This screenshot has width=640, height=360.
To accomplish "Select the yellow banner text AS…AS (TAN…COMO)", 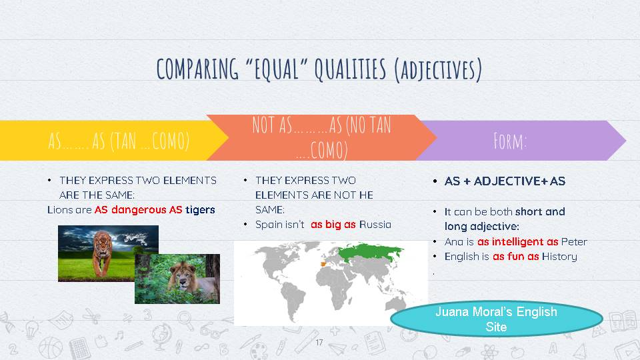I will [x=119, y=141].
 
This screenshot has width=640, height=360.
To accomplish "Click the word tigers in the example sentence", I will [x=200, y=209].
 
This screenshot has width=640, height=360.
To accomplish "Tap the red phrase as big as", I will [x=333, y=225].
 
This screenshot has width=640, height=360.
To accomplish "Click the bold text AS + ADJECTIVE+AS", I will [x=505, y=181].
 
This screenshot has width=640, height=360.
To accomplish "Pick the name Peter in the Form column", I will [x=574, y=241].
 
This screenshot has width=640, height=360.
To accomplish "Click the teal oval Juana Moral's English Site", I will [x=496, y=319].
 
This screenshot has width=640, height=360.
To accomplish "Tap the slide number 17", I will [x=319, y=342].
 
